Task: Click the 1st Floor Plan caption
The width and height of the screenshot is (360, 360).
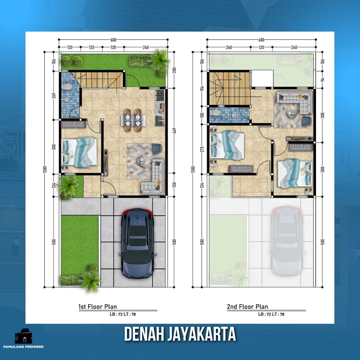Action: [x=97, y=307]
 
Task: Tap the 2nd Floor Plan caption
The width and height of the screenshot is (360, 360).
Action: [x=247, y=307]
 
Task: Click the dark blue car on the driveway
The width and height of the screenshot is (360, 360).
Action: [x=138, y=243]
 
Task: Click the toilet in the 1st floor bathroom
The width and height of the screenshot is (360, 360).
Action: [x=67, y=87]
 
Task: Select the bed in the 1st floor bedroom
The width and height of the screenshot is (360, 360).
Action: [x=80, y=152]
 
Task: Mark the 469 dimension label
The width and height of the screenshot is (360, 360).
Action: [x=174, y=131]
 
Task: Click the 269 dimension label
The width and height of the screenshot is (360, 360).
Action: [x=54, y=95]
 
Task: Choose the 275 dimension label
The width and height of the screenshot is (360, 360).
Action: [x=202, y=150]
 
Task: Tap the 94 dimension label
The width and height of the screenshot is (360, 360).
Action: [x=323, y=79]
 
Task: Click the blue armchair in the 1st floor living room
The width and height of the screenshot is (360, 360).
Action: [x=156, y=148]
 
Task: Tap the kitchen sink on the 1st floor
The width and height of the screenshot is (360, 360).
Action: [x=160, y=120]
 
